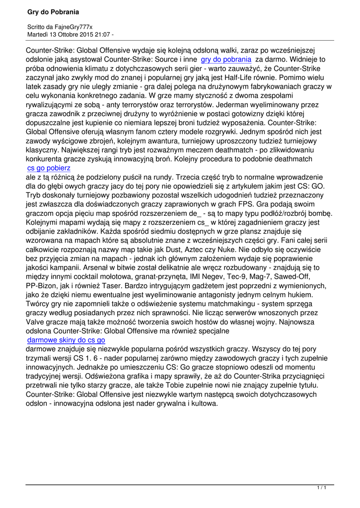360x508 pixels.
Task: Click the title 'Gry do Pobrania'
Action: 53,11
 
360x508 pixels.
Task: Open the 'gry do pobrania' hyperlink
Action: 226,59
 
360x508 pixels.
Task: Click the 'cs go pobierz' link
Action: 49,168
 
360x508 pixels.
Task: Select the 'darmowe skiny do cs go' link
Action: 66,340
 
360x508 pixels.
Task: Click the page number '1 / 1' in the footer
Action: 321,489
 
